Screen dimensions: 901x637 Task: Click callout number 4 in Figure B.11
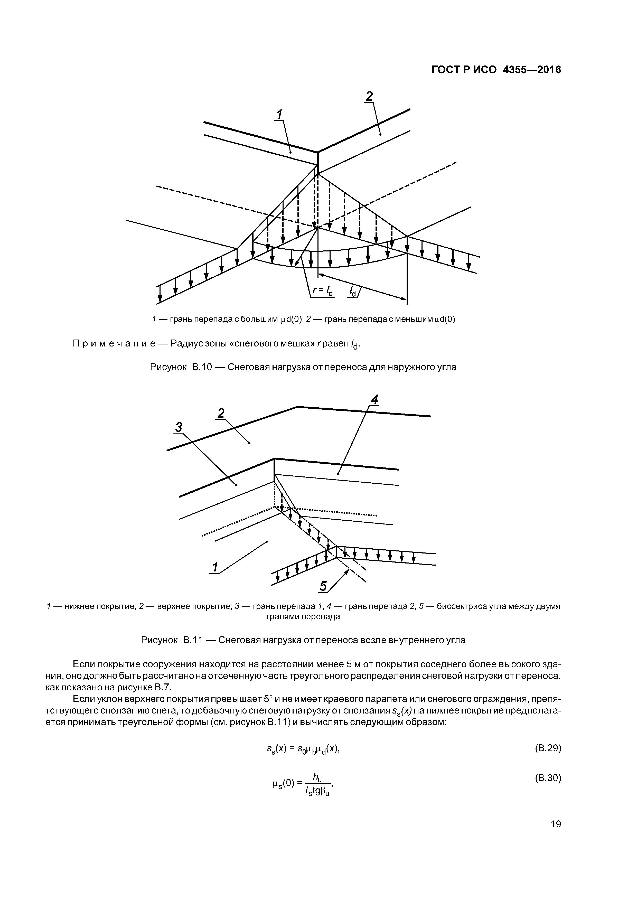[x=375, y=400]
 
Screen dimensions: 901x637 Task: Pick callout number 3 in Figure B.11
[x=179, y=427]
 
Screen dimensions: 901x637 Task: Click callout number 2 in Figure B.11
[x=221, y=413]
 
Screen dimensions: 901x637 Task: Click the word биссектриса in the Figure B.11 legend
[x=450, y=606]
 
